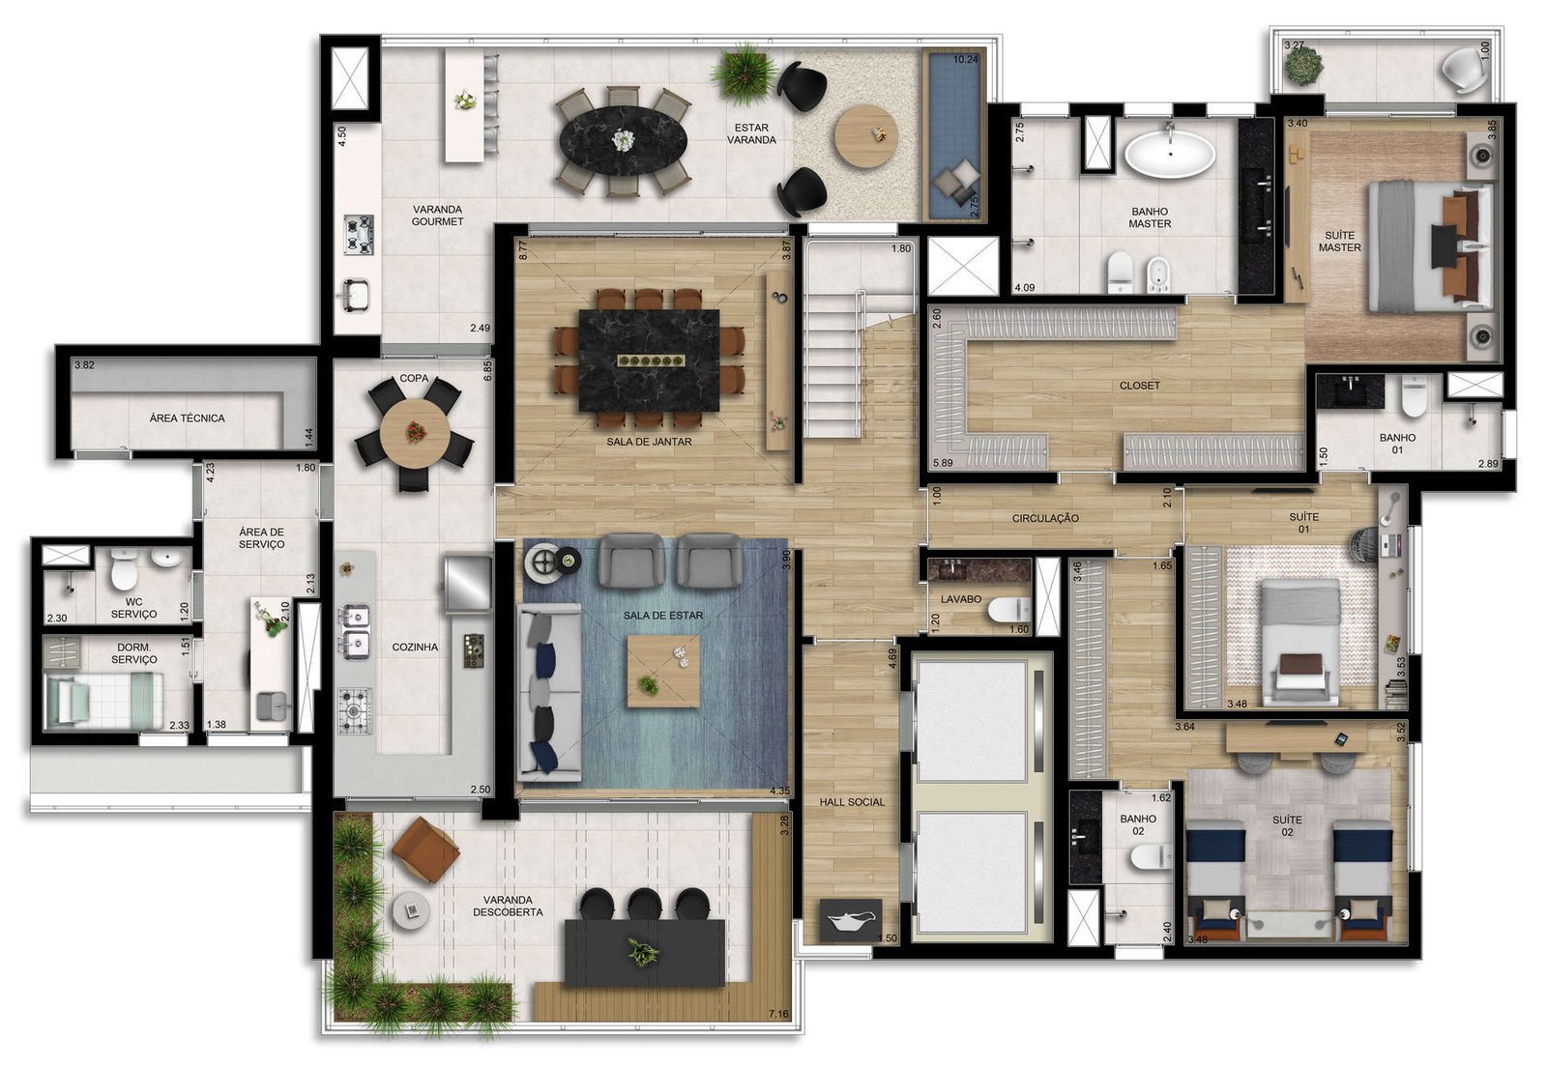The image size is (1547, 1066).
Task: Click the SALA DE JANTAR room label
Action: [x=649, y=442]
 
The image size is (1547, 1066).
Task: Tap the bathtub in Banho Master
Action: [x=1169, y=154]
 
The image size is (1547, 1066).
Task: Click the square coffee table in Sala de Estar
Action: [x=663, y=671]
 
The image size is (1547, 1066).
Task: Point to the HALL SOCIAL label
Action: [x=852, y=802]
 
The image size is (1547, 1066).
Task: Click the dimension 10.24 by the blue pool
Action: [x=966, y=59]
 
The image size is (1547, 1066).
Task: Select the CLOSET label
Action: [x=1140, y=386]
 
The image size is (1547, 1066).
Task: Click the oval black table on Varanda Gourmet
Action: [x=623, y=141]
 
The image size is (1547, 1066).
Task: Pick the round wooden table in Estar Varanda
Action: [x=866, y=136]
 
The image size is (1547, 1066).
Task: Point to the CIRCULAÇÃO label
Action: [x=1045, y=518]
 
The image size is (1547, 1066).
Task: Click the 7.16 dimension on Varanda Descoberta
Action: [x=778, y=1014]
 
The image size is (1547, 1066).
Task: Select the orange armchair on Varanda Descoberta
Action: [x=425, y=850]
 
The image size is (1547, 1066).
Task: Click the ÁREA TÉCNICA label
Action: [x=188, y=418]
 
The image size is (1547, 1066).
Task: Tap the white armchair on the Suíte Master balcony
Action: [x=1465, y=72]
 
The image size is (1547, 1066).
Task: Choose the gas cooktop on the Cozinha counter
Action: [x=354, y=710]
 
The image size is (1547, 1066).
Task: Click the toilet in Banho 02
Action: [x=1152, y=857]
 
